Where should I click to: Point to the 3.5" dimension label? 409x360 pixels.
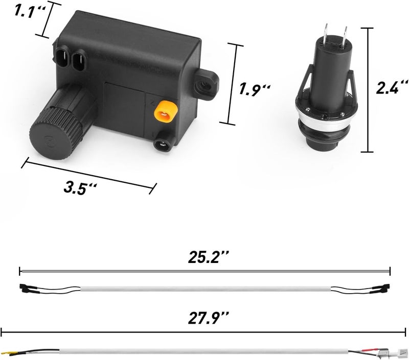click(80, 187)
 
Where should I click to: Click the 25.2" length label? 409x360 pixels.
click(208, 257)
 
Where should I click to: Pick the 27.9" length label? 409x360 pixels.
click(209, 318)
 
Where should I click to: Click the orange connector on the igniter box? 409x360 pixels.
click(166, 112)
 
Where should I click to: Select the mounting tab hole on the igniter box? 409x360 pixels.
click(206, 85)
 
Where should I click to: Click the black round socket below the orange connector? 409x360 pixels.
click(163, 144)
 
